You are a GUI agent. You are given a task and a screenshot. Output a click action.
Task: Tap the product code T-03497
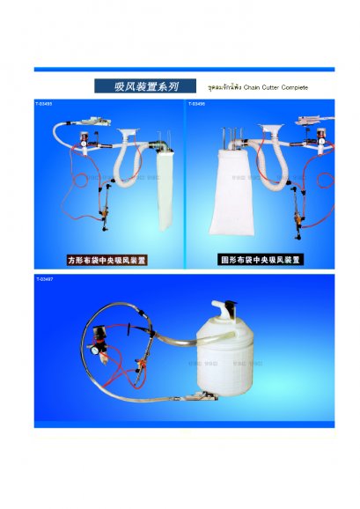click(44, 279)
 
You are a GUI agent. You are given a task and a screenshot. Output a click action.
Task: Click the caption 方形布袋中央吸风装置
click(107, 261)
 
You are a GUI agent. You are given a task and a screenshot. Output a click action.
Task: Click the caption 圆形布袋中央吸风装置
click(260, 260)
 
